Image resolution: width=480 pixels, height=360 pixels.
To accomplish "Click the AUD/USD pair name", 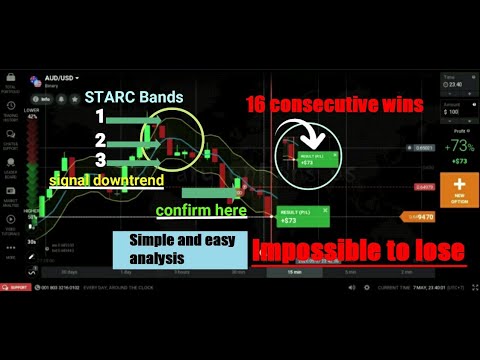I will point(59,77).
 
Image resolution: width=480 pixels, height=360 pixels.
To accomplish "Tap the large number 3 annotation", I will point(99,160).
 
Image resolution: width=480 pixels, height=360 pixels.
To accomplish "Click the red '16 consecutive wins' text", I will point(331,103).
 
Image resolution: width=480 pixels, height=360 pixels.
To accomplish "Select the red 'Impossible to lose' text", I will point(358,251).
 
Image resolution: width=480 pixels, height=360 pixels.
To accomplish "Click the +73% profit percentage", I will point(461,146).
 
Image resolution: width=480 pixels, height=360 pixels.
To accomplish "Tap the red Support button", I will point(15,288).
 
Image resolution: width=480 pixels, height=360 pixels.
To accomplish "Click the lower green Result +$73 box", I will point(297,216).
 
